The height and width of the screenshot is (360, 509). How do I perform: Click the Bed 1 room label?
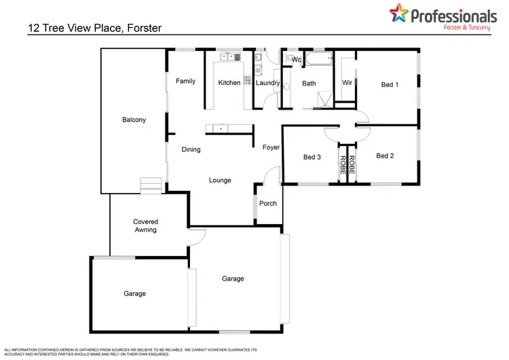[390, 85]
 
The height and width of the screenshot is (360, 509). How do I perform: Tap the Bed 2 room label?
[385, 156]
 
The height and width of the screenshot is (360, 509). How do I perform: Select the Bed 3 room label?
[312, 157]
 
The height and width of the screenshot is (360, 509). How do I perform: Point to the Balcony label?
[134, 120]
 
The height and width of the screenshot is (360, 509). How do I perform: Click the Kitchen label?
[229, 83]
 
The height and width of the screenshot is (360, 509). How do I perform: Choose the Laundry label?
[268, 83]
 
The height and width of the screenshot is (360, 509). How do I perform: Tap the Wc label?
[296, 60]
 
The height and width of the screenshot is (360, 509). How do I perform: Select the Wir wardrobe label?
[347, 83]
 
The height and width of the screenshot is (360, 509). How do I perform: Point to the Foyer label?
[271, 147]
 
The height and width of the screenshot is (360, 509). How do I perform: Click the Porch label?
[268, 202]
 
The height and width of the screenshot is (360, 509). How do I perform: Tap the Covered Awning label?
[145, 226]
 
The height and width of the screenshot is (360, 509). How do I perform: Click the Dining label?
[191, 149]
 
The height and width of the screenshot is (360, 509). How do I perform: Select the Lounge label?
[220, 181]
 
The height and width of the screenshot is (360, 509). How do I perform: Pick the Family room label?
[185, 82]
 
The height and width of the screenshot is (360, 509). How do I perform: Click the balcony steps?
[149, 185]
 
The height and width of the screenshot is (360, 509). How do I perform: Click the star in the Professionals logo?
[398, 13]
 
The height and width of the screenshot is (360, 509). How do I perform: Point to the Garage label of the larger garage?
[233, 278]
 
